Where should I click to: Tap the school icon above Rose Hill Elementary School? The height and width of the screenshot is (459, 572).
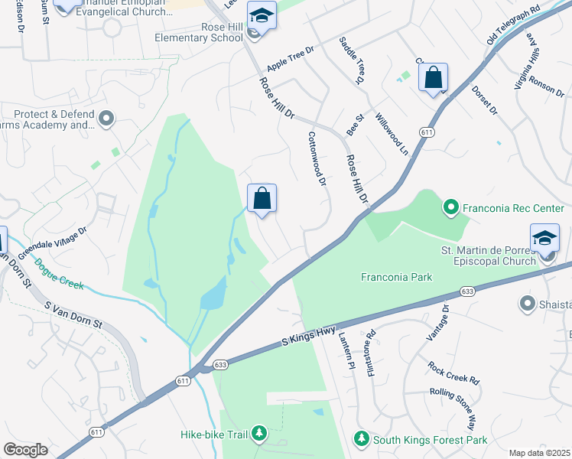(x=262, y=16)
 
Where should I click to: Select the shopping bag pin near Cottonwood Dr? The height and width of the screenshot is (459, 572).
(x=262, y=199)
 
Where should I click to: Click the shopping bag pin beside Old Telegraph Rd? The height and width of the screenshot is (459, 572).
(x=433, y=78)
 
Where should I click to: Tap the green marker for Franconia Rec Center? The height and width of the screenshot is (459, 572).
(x=450, y=207)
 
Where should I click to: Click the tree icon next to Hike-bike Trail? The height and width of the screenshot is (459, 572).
(x=259, y=435)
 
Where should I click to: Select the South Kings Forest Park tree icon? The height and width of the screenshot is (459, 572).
(x=361, y=439)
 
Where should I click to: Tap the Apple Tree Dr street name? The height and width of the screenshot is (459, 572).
(x=291, y=60)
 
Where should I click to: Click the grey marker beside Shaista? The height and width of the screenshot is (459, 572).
(x=526, y=304)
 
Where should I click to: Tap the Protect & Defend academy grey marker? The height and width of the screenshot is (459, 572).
(x=106, y=119)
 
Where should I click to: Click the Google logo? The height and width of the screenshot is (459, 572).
(x=25, y=450)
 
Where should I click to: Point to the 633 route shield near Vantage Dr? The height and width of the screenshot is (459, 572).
(x=466, y=292)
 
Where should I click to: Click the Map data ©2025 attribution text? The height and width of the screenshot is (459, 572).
(x=539, y=452)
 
